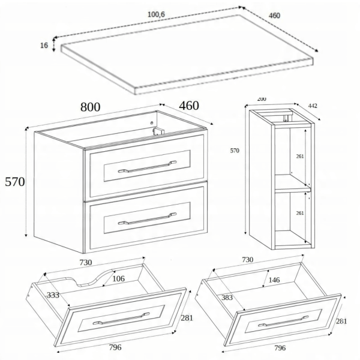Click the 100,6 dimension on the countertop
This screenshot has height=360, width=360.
point(156,14)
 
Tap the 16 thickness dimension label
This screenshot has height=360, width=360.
point(44,46)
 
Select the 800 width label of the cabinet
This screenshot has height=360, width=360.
point(90,107)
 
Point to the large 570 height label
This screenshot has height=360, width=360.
point(14,182)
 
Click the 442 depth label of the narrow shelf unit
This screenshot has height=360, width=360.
point(313,106)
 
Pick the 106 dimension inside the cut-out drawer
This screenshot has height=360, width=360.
point(118,279)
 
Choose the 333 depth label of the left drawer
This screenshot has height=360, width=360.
point(53,295)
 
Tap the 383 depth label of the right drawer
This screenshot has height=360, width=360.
point(227,298)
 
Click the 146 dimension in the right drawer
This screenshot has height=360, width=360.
point(274,280)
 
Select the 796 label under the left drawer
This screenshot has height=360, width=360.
point(115,347)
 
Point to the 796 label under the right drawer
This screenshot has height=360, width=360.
point(280,348)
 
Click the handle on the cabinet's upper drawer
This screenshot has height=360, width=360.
point(147,166)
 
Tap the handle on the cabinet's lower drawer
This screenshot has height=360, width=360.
point(147,218)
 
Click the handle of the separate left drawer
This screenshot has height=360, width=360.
point(121,318)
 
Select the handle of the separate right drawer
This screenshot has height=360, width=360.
point(284,321)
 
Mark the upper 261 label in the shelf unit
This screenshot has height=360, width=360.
point(300,157)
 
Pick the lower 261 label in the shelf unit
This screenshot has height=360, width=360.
point(300,213)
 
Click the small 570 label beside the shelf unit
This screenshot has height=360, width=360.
point(235,151)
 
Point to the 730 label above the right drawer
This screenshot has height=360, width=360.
point(247,260)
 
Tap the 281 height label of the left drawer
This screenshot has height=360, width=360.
point(187,318)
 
